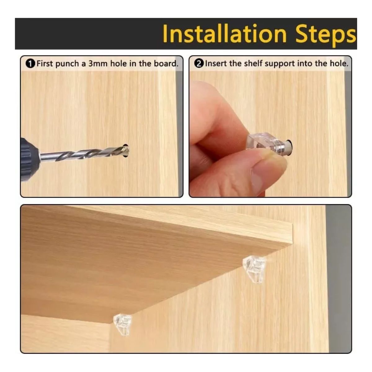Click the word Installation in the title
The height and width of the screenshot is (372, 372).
pyautogui.click(x=224, y=34)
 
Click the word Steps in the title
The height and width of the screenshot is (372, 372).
pyautogui.click(x=325, y=35)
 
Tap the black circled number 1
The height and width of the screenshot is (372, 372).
pyautogui.click(x=30, y=64)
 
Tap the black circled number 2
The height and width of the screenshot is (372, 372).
pyautogui.click(x=199, y=64)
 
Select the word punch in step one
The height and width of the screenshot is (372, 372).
pyautogui.click(x=67, y=64)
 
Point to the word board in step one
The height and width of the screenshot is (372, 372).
pyautogui.click(x=166, y=64)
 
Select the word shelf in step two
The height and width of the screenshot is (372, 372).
pyautogui.click(x=254, y=64)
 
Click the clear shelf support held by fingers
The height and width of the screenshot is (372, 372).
pyautogui.click(x=269, y=143)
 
